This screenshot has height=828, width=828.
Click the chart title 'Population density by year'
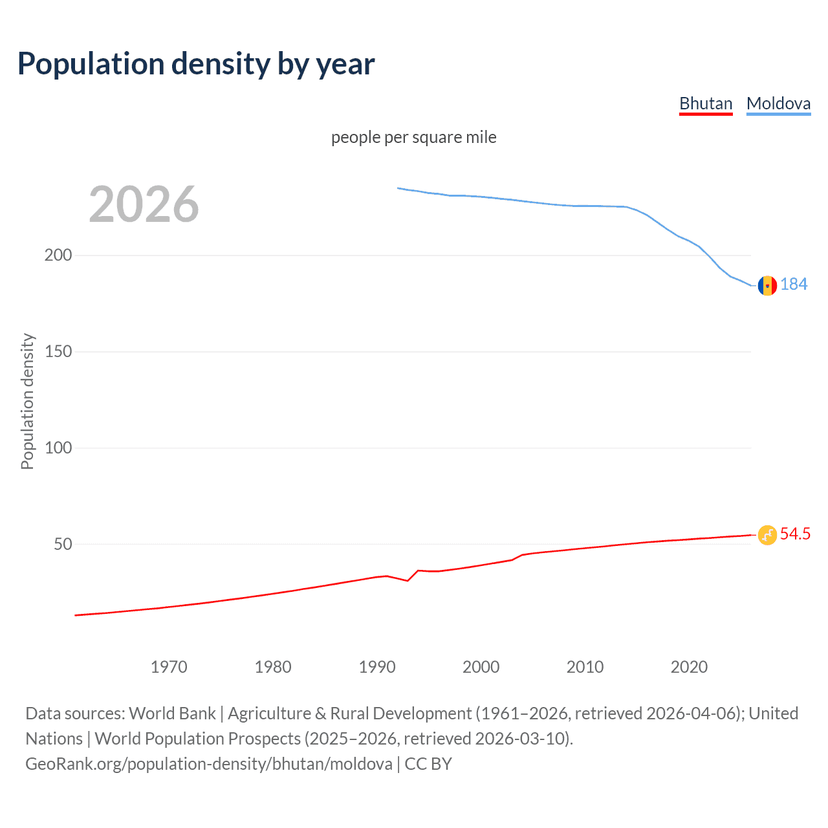pyautogui.click(x=196, y=64)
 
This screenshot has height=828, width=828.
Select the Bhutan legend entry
pyautogui.click(x=706, y=103)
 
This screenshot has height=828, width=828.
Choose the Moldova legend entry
pyautogui.click(x=778, y=103)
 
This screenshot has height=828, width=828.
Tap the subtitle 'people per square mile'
pyautogui.click(x=414, y=137)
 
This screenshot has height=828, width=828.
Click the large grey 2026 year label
pyautogui.click(x=144, y=204)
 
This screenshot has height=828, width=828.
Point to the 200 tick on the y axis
pyautogui.click(x=58, y=255)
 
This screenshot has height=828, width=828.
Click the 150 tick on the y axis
pyautogui.click(x=58, y=351)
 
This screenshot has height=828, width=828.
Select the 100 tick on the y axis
pyautogui.click(x=58, y=448)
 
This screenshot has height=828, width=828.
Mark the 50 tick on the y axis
pyautogui.click(x=63, y=544)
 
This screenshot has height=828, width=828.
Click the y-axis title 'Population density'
pyautogui.click(x=27, y=401)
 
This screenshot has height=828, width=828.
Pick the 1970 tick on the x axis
pyautogui.click(x=169, y=667)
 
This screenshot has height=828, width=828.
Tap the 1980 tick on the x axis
pyautogui.click(x=273, y=667)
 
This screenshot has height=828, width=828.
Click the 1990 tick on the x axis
pyautogui.click(x=377, y=667)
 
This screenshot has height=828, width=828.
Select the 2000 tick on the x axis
pyautogui.click(x=481, y=667)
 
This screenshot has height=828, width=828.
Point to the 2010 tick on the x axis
pyautogui.click(x=585, y=667)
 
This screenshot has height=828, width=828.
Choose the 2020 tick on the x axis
pyautogui.click(x=690, y=667)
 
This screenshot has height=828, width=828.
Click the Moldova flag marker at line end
pyautogui.click(x=767, y=285)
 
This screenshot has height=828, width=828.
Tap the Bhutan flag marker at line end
pyautogui.click(x=767, y=535)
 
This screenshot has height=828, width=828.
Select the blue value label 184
pyautogui.click(x=794, y=285)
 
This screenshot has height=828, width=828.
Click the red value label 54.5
pyautogui.click(x=795, y=534)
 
